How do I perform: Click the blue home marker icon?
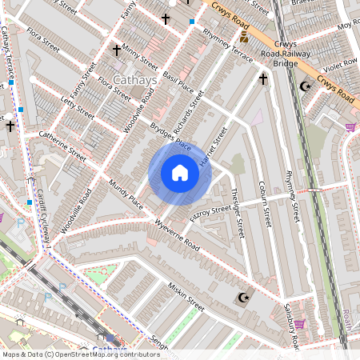(x=180, y=173)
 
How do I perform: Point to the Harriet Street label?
(x=214, y=146)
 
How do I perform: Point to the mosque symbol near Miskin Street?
(x=242, y=298)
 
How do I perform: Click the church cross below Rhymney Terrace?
(x=263, y=79)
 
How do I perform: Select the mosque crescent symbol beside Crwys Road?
(x=304, y=86)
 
